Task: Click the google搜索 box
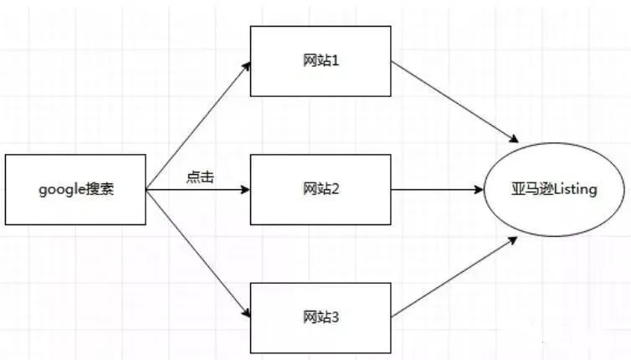75,189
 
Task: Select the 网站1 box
321,60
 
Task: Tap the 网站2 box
321,189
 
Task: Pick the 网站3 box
321,318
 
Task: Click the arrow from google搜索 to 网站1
199,126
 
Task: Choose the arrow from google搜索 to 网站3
199,254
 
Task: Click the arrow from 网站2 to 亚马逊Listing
438,190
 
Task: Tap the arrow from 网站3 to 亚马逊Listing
452,278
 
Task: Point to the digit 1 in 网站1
336,61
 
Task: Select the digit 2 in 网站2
336,190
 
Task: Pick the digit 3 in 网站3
336,319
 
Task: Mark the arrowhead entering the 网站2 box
245,190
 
